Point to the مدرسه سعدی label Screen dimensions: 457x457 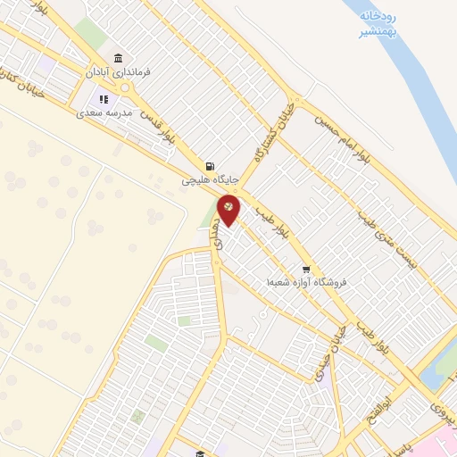[x=104, y=113]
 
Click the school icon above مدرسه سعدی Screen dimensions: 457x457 [x=104, y=100]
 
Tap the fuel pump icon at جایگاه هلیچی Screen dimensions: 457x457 [x=210, y=166]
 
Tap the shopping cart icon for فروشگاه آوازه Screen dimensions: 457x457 [x=306, y=269]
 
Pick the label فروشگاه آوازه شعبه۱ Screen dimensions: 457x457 [x=305, y=282]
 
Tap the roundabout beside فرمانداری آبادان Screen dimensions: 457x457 [x=128, y=87]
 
